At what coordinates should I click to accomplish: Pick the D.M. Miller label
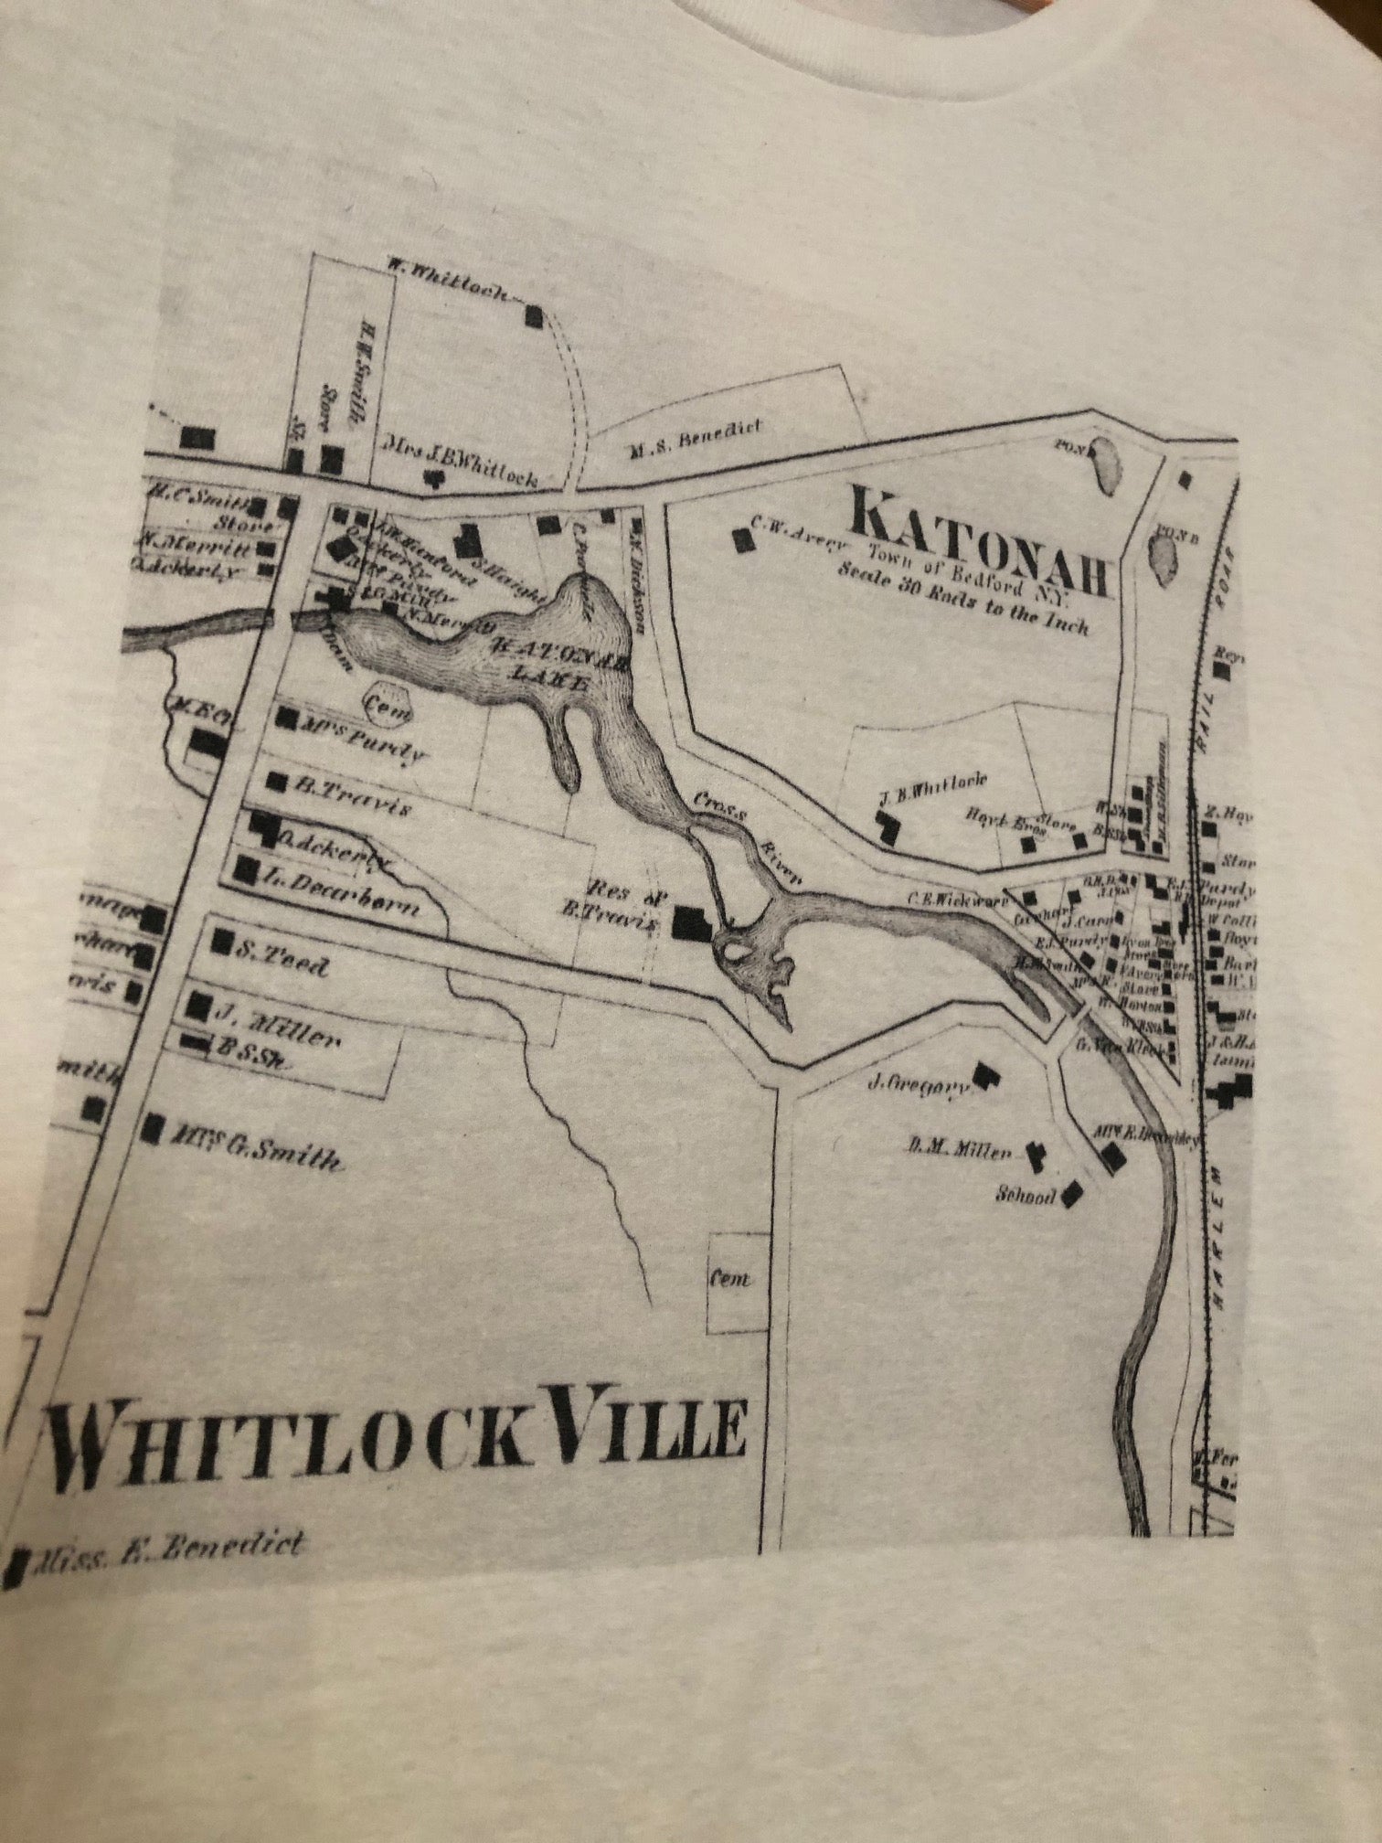tap(960, 1151)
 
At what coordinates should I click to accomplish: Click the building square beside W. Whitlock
tap(534, 317)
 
